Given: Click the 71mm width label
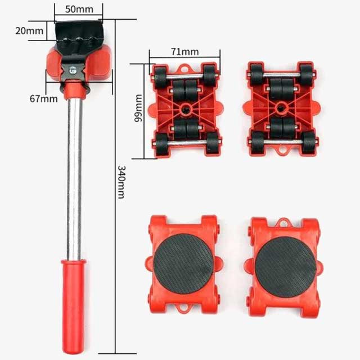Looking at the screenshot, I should tap(184, 52).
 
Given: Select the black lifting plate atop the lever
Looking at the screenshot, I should tap(78, 34).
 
